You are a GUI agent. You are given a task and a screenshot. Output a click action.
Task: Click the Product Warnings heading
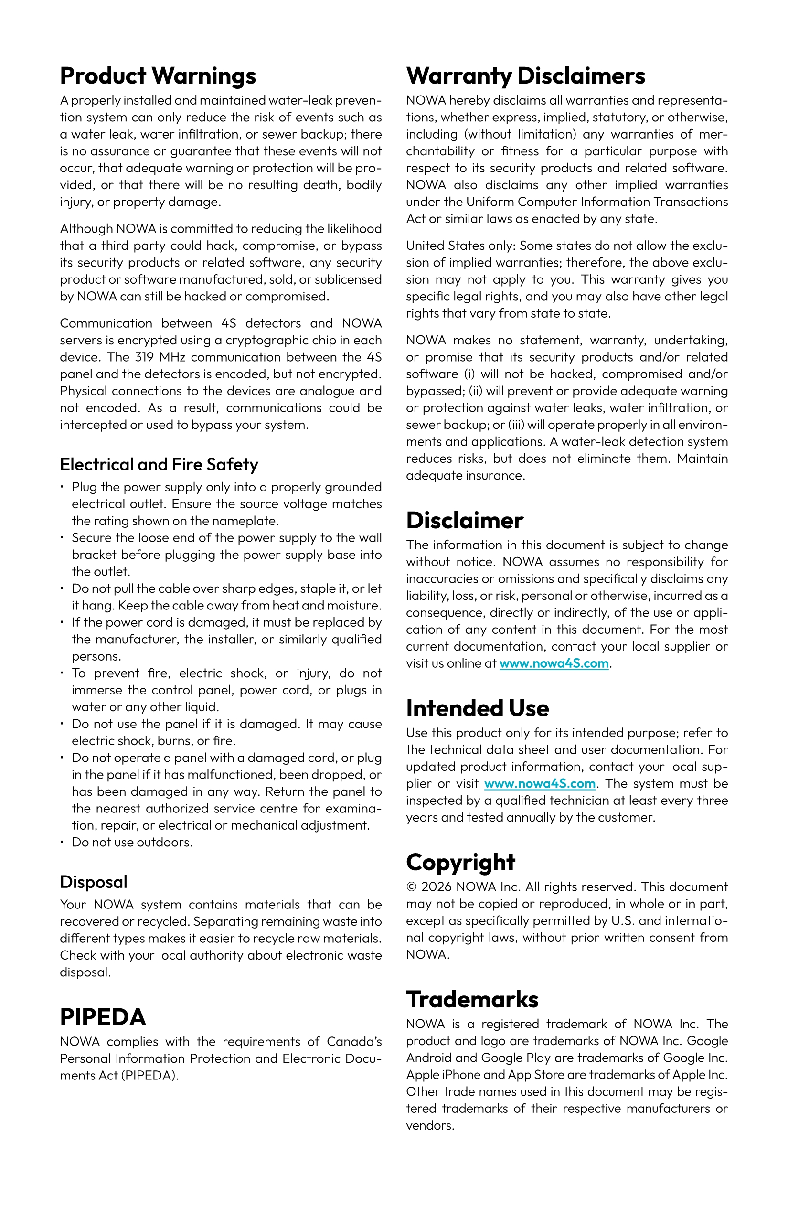pos(158,76)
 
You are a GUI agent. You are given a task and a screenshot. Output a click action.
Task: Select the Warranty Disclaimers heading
pos(525,76)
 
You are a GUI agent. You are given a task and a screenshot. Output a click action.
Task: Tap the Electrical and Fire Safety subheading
pos(159,464)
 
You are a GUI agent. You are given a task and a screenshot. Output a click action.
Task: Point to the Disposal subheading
pos(93,882)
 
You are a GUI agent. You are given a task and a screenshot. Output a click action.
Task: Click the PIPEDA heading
pos(103,1017)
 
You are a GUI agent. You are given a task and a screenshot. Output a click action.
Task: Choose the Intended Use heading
pos(478,708)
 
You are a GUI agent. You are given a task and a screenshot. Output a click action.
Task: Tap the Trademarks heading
pos(472,999)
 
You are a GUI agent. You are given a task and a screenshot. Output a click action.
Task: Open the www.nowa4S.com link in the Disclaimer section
pos(554,664)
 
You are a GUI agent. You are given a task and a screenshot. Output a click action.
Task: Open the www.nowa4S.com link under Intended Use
pos(540,783)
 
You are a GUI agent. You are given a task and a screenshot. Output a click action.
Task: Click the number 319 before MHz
pos(145,357)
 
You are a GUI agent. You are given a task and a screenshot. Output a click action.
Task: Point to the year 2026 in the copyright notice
pos(437,887)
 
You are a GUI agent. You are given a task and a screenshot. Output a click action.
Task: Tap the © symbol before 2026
pos(411,887)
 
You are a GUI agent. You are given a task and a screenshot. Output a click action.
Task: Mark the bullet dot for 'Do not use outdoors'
pos(62,842)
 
